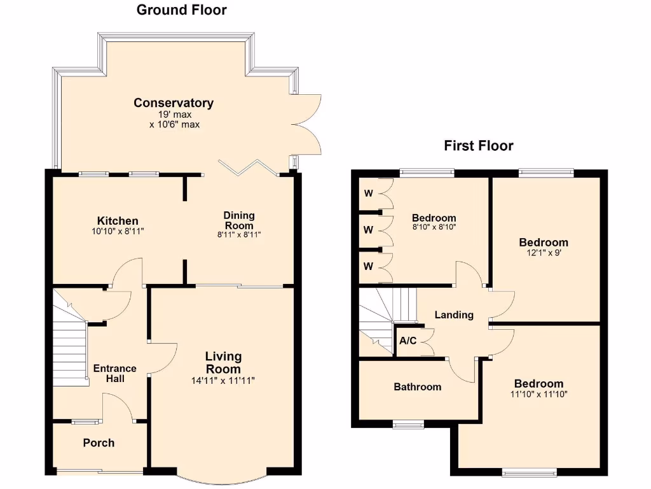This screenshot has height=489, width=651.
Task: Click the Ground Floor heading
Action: pyautogui.click(x=181, y=10)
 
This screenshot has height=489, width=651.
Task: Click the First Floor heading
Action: pyautogui.click(x=478, y=146)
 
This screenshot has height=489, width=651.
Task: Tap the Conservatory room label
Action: pyautogui.click(x=174, y=103)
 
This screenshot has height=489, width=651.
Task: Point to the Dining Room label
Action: pyautogui.click(x=238, y=220)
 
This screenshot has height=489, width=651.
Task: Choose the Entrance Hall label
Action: pyautogui.click(x=114, y=373)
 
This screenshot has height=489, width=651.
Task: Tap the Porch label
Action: pyautogui.click(x=99, y=443)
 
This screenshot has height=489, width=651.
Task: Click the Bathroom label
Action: pyautogui.click(x=417, y=386)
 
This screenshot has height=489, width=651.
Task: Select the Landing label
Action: pyautogui.click(x=453, y=315)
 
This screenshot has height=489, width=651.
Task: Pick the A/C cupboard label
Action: pyautogui.click(x=408, y=341)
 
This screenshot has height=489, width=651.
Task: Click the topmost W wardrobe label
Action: pyautogui.click(x=368, y=193)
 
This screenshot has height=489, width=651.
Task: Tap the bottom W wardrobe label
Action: pyautogui.click(x=368, y=266)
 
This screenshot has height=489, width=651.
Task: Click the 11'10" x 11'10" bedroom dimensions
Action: pyautogui.click(x=538, y=394)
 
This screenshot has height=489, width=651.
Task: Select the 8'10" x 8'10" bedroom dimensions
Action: pyautogui.click(x=434, y=227)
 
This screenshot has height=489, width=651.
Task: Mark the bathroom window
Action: pyautogui.click(x=408, y=425)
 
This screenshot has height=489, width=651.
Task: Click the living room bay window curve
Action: pyautogui.click(x=223, y=479)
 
